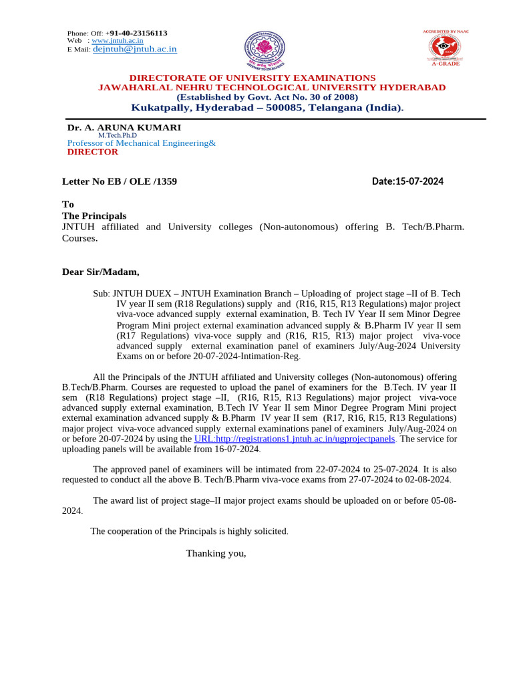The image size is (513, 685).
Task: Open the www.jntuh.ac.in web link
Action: click(x=117, y=41)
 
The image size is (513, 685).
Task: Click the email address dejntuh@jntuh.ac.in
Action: click(x=134, y=49)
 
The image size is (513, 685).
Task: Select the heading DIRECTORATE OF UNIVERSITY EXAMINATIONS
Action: click(x=252, y=78)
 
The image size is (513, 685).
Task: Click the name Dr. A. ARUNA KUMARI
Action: click(x=124, y=127)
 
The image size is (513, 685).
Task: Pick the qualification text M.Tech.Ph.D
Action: click(x=118, y=135)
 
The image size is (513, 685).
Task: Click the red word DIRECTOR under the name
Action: click(x=92, y=152)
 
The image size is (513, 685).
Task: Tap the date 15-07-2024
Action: click(x=419, y=181)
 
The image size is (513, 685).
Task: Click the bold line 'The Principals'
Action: click(x=94, y=216)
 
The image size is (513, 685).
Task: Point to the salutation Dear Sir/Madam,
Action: click(x=101, y=272)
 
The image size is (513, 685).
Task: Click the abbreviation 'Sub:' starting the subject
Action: click(x=102, y=294)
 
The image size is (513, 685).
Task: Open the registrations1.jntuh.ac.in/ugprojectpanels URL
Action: click(x=295, y=439)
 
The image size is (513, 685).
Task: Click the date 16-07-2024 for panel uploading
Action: click(x=234, y=449)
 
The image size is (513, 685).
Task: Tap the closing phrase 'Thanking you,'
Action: click(x=216, y=553)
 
